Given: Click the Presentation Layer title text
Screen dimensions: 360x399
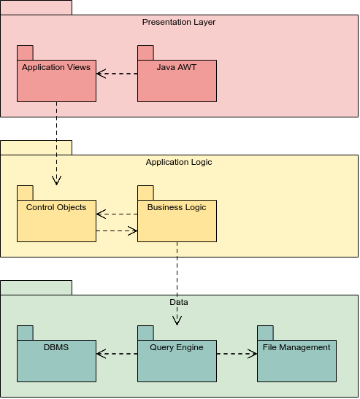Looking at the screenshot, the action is point(179,22).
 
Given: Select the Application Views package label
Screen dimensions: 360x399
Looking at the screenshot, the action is point(56,67).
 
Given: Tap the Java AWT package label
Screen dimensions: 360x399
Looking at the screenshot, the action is point(177,67).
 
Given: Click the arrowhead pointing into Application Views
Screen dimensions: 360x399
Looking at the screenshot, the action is point(102,74).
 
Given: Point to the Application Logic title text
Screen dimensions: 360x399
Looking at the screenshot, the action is point(179,162).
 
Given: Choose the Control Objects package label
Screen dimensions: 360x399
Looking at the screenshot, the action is point(56,207).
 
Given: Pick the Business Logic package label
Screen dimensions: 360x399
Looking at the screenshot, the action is point(177,207).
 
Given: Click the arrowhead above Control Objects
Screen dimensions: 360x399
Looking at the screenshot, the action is point(56,180).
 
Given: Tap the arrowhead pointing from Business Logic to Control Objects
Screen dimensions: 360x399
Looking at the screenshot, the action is point(102,214).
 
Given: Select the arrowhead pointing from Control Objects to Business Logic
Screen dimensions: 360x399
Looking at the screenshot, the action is point(133,231).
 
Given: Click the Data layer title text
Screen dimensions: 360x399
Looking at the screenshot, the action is point(179,302).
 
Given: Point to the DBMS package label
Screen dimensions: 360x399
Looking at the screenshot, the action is point(56,347).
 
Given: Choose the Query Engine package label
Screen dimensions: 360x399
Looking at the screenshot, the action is point(177,347).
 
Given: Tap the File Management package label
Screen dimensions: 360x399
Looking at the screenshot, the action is point(296,347).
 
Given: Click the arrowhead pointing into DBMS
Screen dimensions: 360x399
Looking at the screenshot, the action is point(102,354).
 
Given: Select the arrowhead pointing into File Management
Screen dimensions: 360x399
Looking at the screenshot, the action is point(253,354).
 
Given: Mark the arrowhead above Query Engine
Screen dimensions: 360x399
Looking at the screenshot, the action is point(177,321).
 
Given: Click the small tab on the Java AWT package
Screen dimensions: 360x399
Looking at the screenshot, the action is point(145,53).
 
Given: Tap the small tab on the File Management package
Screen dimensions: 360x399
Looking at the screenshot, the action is point(265,333).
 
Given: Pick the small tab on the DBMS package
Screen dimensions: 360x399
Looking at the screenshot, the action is point(25,333).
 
